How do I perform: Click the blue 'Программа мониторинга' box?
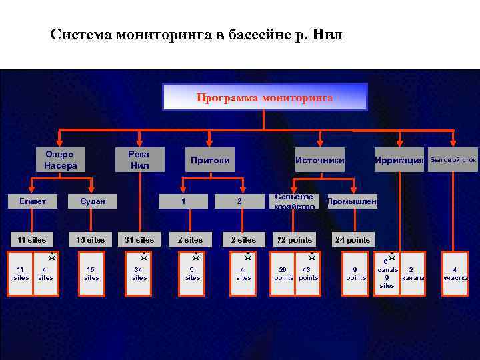(x=265, y=97)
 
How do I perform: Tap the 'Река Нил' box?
(x=139, y=159)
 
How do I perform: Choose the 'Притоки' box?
(x=210, y=160)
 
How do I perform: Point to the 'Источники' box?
(x=320, y=160)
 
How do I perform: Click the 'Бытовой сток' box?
(x=453, y=160)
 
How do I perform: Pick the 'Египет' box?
(x=32, y=201)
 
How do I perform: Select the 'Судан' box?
(x=91, y=201)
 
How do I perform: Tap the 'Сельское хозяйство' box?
(x=294, y=201)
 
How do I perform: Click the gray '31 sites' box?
(x=139, y=239)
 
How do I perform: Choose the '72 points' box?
(x=294, y=239)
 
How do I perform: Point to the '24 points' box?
(x=353, y=239)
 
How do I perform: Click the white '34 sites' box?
(x=139, y=273)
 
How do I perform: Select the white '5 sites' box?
(x=193, y=273)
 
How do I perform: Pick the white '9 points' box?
(x=356, y=273)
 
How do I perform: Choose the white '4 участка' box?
(x=455, y=273)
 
